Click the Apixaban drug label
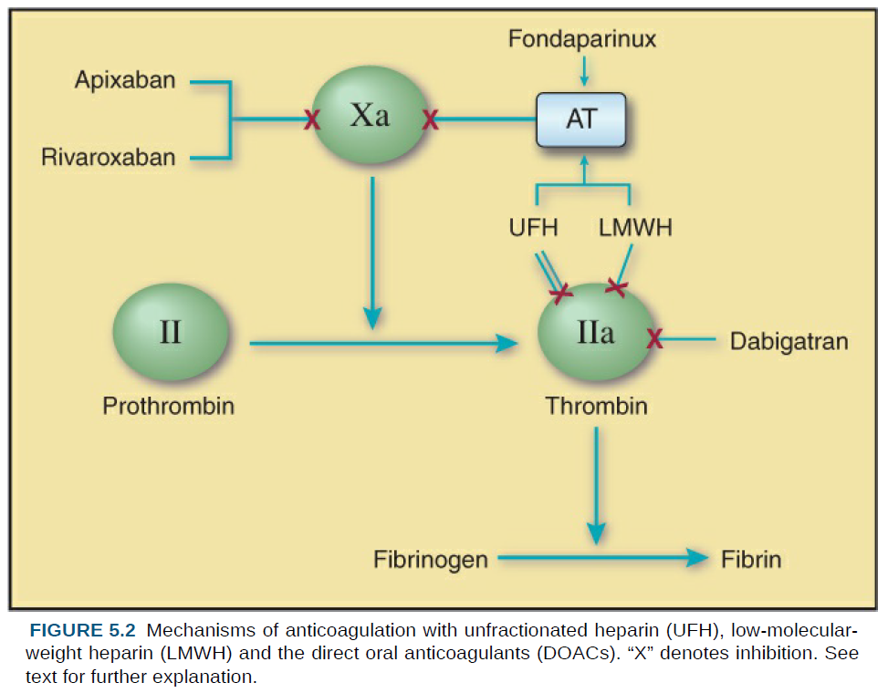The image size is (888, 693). click(x=125, y=80)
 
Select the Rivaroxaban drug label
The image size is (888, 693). click(x=108, y=158)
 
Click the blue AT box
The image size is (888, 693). click(x=580, y=119)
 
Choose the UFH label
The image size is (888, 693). click(x=534, y=228)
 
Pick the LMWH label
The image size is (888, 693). click(x=635, y=228)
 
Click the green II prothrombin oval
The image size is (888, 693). click(x=171, y=333)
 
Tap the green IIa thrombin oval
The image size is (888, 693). click(x=596, y=335)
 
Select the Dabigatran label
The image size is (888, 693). click(x=789, y=341)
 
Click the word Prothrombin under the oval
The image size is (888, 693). click(x=168, y=406)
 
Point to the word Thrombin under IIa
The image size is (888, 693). click(x=596, y=406)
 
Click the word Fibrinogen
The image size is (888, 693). click(x=431, y=559)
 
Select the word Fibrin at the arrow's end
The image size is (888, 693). click(x=751, y=559)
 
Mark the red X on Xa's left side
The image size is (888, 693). click(x=312, y=119)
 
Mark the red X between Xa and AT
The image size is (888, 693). click(x=431, y=119)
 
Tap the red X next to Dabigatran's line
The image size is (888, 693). click(x=654, y=339)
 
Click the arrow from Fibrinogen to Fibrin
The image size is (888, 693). click(x=602, y=558)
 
